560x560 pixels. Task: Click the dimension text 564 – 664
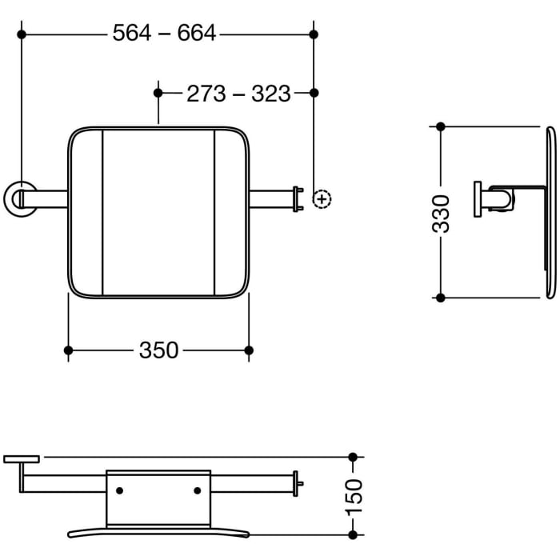164,34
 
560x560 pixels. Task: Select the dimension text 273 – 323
238,94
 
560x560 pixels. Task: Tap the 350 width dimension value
158,350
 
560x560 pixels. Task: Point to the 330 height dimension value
441,213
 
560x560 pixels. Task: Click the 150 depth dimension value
354,496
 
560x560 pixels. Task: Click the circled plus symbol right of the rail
322,198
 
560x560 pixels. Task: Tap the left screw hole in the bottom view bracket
120,490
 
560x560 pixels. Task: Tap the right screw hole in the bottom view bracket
198,490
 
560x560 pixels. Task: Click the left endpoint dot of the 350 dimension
68,350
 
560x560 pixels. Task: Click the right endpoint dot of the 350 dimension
249,350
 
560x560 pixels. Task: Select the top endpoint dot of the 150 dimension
354,457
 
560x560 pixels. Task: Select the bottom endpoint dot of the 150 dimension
354,534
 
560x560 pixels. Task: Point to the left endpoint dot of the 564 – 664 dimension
22,34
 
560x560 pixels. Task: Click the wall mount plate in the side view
477,199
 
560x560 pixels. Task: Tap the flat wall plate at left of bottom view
22,459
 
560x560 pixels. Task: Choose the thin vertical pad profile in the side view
550,212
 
